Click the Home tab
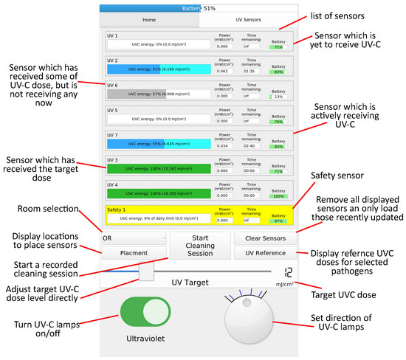[x=149, y=21]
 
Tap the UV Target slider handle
[x=145, y=271]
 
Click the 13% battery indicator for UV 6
[x=278, y=96]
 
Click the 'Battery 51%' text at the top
[x=199, y=8]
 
